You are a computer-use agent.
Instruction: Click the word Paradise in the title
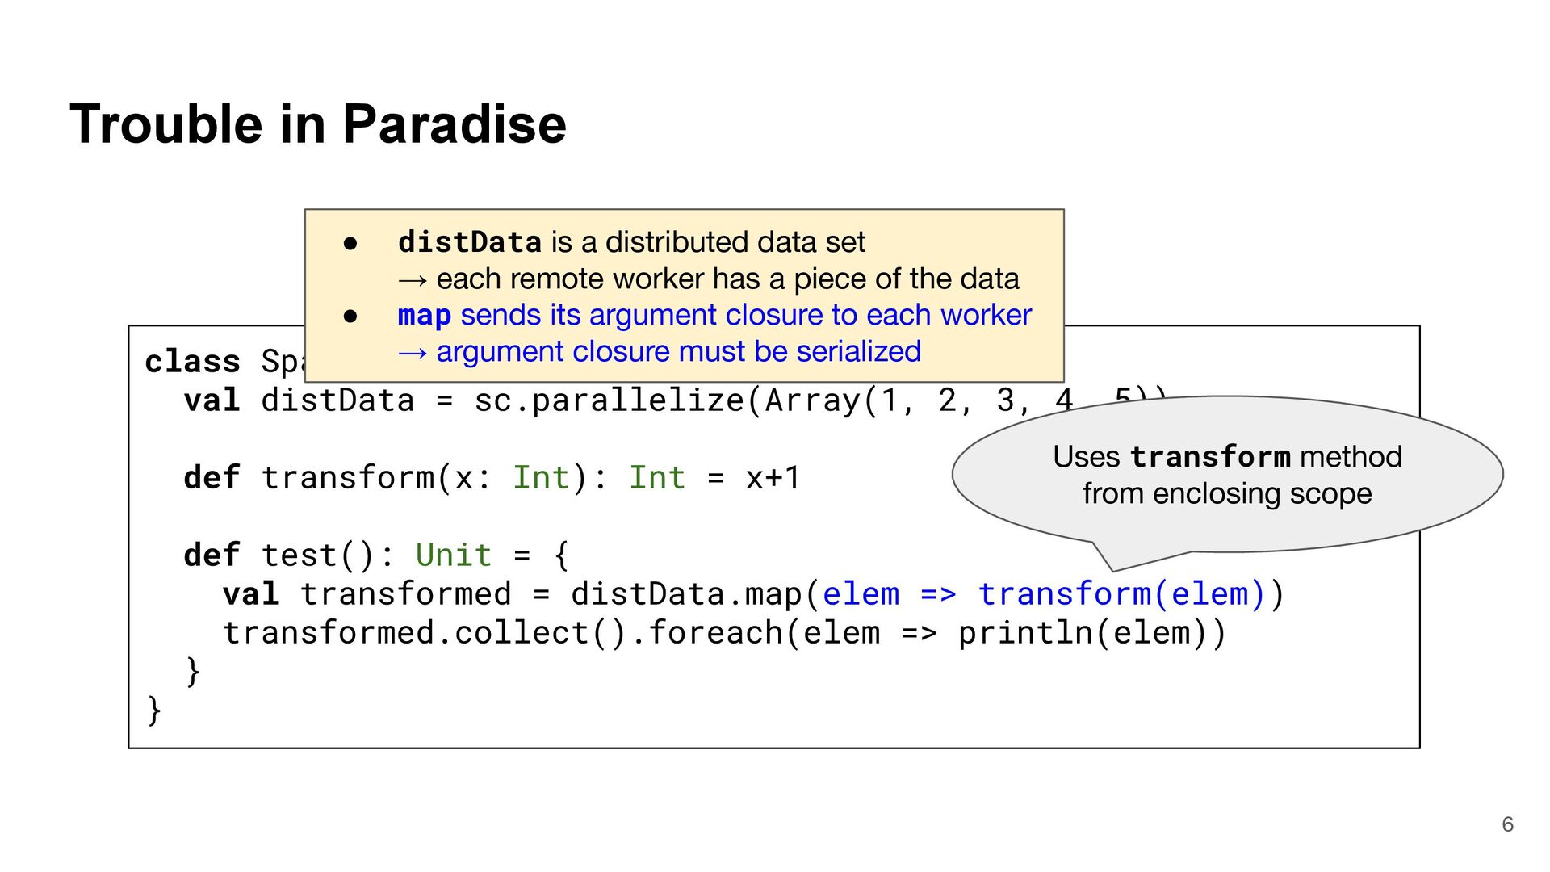(x=454, y=124)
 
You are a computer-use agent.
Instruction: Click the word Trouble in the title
(x=166, y=124)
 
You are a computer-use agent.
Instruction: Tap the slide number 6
(x=1507, y=824)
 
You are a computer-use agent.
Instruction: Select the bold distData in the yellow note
(x=469, y=242)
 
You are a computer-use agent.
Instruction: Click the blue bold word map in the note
(x=424, y=315)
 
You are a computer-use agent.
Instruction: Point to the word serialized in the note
(x=858, y=351)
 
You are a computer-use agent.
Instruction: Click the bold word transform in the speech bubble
(x=1209, y=457)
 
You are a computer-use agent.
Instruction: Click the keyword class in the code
(x=192, y=362)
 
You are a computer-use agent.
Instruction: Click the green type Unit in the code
(x=453, y=555)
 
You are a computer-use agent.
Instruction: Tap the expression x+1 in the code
(x=773, y=478)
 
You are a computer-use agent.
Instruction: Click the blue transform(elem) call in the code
(x=1121, y=594)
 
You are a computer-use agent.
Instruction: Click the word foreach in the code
(x=715, y=633)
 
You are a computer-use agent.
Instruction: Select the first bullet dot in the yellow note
(x=350, y=243)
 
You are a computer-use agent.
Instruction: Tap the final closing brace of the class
(x=153, y=711)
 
